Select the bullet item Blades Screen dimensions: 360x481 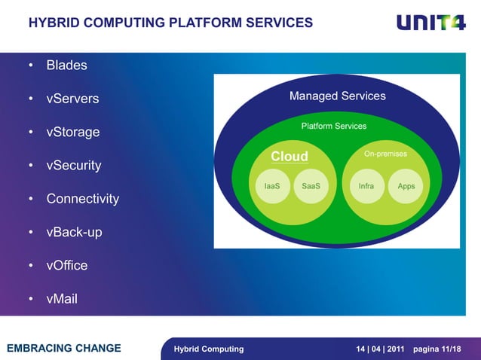pos(66,66)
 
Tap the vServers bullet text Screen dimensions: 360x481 pos(72,99)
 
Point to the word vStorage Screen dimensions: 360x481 pos(73,133)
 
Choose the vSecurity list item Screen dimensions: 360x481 pos(74,166)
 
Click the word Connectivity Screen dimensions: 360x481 pos(83,199)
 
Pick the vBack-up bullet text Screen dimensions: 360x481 pos(74,233)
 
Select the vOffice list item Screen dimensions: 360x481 pos(67,266)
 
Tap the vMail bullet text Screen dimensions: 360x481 pos(62,299)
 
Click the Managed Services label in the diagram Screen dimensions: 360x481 pos(337,96)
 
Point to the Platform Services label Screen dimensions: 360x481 pos(334,126)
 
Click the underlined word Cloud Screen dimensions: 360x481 pos(290,156)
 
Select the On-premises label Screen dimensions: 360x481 pos(385,154)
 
